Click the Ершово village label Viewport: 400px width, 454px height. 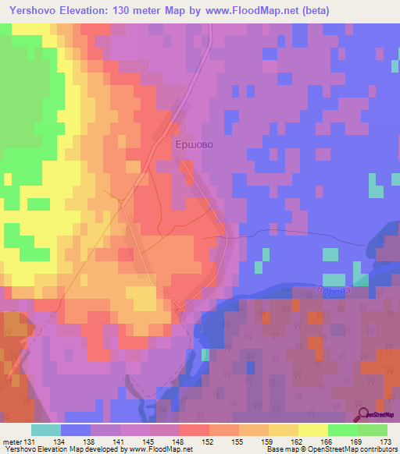click(x=192, y=144)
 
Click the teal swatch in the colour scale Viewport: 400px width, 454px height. click(x=46, y=430)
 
